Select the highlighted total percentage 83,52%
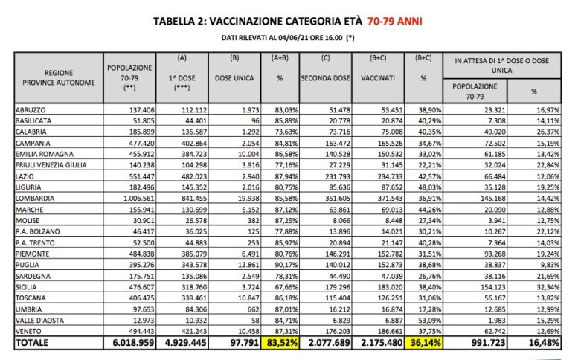point(277,344)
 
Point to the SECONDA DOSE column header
point(324,77)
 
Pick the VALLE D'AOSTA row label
point(42,319)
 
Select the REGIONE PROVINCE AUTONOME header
point(59,77)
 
